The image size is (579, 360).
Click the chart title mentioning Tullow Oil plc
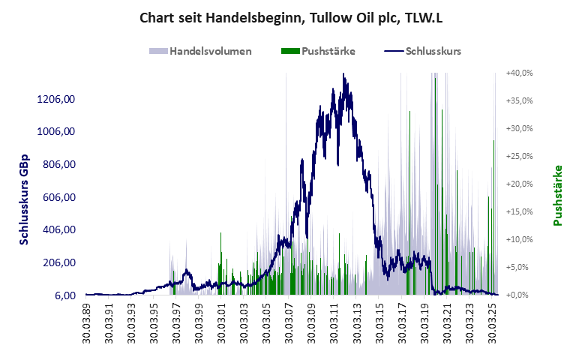289,17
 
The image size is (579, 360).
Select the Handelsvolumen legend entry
200,51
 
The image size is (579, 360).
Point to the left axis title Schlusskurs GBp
24,196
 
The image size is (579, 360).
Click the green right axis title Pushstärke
557,196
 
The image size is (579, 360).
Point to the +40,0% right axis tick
519,73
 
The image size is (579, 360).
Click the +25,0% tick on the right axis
519,156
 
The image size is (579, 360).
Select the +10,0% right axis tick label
519,239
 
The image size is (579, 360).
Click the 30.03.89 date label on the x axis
87,320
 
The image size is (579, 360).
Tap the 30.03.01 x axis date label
222,320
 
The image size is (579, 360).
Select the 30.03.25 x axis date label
493,320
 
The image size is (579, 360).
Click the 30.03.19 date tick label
425,320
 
